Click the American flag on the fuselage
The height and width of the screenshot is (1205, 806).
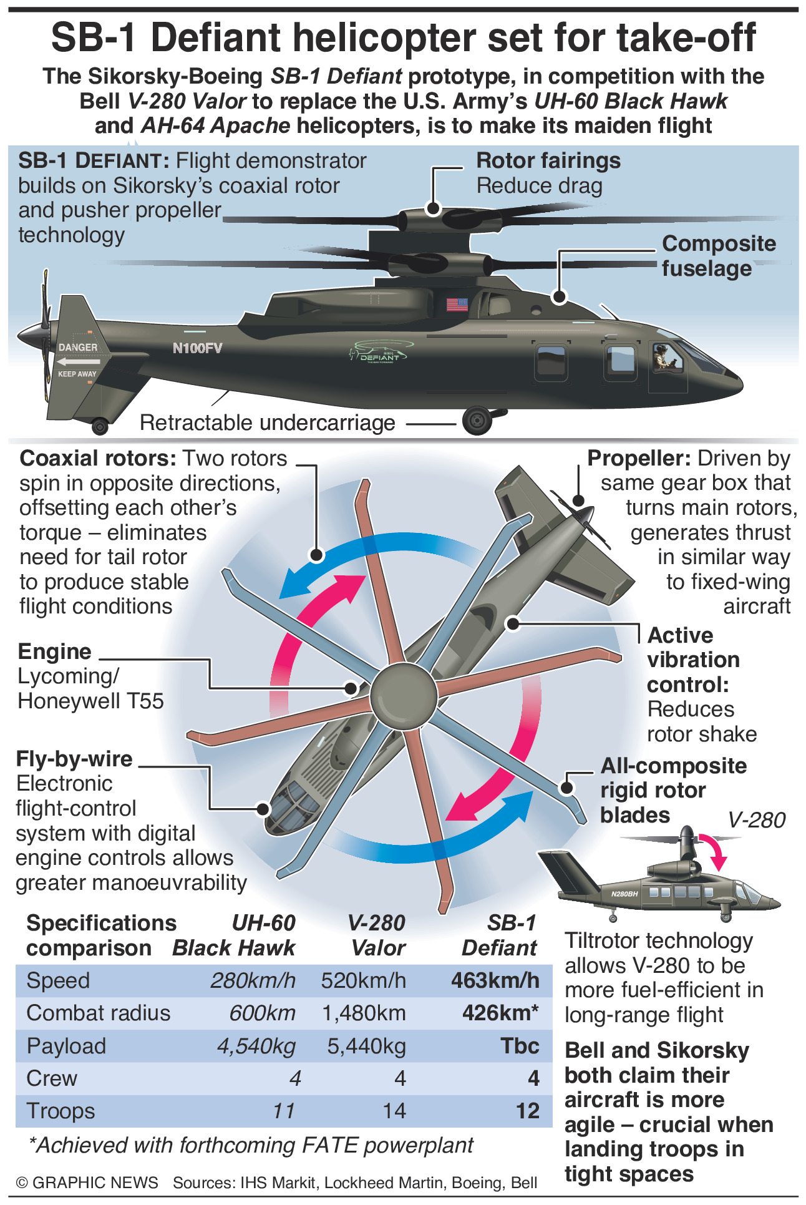pos(457,305)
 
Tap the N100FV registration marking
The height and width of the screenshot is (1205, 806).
pos(197,348)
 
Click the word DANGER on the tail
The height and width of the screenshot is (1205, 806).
pos(78,347)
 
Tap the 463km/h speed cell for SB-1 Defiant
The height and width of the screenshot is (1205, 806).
pos(495,980)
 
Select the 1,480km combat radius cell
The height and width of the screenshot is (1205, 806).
pos(364,1013)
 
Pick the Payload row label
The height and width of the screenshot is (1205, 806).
pos(66,1046)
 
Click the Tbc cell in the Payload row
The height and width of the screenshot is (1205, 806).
pos(520,1046)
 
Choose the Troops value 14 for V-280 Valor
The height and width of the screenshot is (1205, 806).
pos(394,1111)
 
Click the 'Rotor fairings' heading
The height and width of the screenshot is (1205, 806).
pos(548,161)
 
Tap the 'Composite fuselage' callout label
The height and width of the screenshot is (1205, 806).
pos(719,256)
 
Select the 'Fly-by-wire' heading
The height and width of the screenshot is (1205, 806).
pos(74,759)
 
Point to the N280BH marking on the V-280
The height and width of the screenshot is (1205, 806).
pos(624,894)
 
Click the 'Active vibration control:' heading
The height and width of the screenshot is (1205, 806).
pos(693,660)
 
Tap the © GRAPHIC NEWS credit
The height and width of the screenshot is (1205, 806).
pos(87,1183)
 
